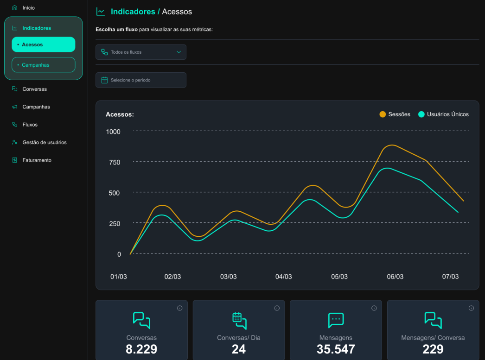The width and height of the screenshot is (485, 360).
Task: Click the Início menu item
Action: click(28, 8)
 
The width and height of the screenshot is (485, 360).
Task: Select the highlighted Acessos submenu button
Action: click(43, 44)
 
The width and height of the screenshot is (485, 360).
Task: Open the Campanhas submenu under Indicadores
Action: click(43, 65)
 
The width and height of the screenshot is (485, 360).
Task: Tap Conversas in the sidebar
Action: click(34, 89)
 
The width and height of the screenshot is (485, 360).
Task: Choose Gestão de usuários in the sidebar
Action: click(44, 142)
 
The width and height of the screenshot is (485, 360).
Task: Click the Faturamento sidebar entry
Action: click(37, 160)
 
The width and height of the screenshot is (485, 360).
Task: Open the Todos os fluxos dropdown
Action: click(141, 52)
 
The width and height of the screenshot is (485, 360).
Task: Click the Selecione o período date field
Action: click(141, 80)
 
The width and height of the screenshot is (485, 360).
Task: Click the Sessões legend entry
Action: click(395, 114)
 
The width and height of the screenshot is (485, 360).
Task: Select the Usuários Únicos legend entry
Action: click(443, 114)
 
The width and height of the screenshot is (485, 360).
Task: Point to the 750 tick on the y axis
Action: click(114, 163)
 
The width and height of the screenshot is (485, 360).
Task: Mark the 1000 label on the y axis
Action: click(113, 132)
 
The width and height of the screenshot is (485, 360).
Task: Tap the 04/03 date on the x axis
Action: click(283, 277)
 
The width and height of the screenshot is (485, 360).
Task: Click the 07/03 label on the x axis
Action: click(450, 277)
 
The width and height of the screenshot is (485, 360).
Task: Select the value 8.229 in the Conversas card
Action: click(141, 349)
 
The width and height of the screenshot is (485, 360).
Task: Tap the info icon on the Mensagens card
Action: click(374, 308)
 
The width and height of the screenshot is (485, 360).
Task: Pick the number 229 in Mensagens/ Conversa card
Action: click(433, 349)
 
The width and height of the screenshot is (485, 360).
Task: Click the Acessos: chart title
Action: click(120, 114)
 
